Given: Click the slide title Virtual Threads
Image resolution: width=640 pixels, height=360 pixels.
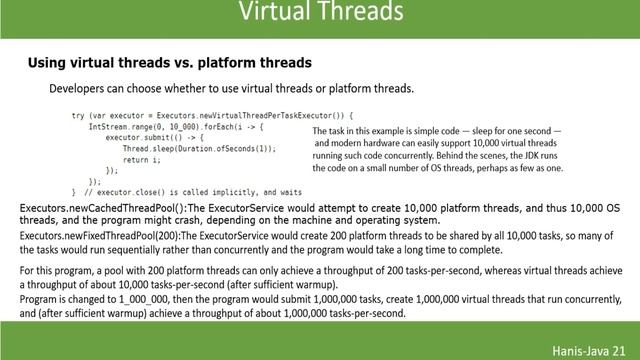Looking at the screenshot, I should click(x=320, y=13).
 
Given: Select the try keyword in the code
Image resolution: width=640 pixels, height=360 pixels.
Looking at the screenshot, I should click(x=78, y=116).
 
